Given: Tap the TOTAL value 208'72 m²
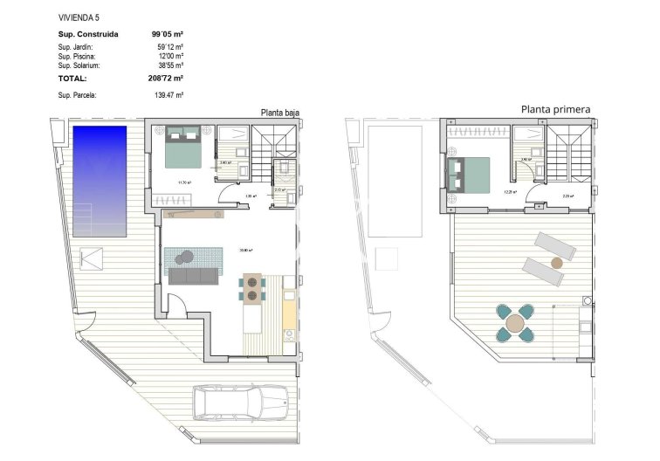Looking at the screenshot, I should pos(167,78).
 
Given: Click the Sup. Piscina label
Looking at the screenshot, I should pos(76,56).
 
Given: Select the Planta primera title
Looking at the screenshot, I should pos(555,109).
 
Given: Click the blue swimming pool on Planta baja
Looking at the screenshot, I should pos(100,179).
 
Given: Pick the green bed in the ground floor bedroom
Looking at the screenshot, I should pos(184,147).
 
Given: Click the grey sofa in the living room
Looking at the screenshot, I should pos(194,277).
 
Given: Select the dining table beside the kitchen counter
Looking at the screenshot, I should pos(251,288).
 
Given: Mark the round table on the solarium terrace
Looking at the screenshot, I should pos(515,322).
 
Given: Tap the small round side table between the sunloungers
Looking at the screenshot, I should pos(556,262).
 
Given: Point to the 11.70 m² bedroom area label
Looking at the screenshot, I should pos(184,182).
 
